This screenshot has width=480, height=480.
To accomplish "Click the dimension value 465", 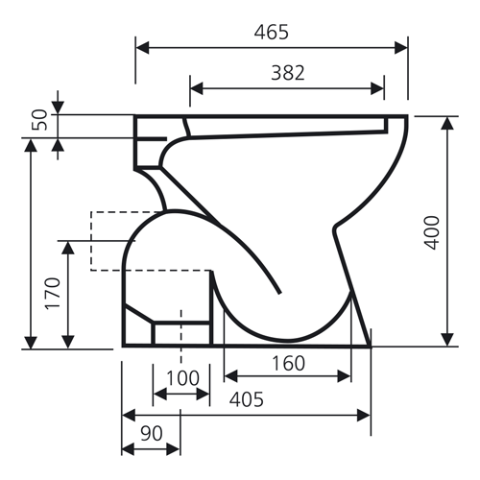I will pyautogui.click(x=272, y=33).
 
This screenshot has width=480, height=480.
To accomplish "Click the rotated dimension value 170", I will pyautogui.click(x=52, y=295).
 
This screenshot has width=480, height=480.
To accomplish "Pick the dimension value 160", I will pyautogui.click(x=287, y=364).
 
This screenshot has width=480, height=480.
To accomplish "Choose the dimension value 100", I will pyautogui.click(x=181, y=377).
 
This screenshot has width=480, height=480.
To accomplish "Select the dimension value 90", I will pyautogui.click(x=151, y=433).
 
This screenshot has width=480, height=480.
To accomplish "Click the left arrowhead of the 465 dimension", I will pyautogui.click(x=140, y=46).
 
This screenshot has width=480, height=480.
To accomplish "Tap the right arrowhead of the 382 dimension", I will pyautogui.click(x=381, y=87).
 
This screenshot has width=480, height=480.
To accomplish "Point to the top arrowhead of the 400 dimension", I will pyautogui.click(x=447, y=121).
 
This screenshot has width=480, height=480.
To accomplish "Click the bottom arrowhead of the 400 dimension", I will pyautogui.click(x=447, y=340).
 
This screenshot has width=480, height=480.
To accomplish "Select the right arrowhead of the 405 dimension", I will pyautogui.click(x=365, y=415).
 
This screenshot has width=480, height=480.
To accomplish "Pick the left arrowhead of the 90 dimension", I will pyautogui.click(x=127, y=448).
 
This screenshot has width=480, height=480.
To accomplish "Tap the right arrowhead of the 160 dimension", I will pyautogui.click(x=346, y=375).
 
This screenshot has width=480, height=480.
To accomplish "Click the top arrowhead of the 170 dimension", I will pyautogui.click(x=67, y=247).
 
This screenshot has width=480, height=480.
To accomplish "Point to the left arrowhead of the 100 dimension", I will pyautogui.click(x=158, y=394).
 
